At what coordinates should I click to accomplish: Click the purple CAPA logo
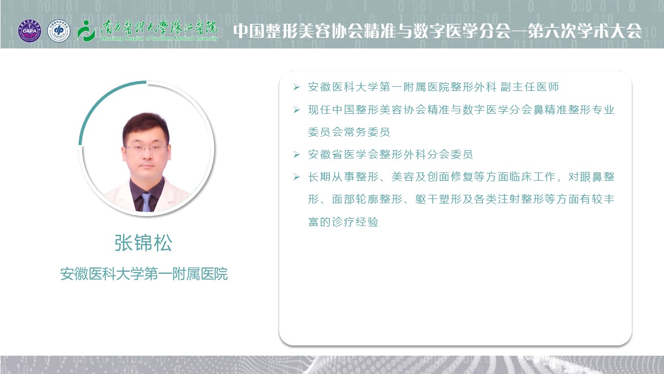(30, 31)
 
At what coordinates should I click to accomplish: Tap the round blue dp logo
(59, 31)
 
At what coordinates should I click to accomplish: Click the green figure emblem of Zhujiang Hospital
(86, 31)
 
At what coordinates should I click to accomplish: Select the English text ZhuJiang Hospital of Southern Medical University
(159, 38)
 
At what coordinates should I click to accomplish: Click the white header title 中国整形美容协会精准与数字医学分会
(372, 31)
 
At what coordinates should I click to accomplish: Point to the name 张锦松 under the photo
(143, 243)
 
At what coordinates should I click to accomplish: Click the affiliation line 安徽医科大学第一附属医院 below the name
(144, 274)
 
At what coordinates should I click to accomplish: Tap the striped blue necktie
(146, 202)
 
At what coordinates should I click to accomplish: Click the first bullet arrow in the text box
(296, 87)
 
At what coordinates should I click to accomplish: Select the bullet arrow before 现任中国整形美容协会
(296, 110)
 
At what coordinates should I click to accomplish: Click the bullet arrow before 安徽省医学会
(296, 154)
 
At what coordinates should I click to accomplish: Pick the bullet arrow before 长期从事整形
(296, 177)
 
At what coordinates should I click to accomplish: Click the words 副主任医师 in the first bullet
(530, 87)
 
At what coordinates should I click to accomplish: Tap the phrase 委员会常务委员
(349, 132)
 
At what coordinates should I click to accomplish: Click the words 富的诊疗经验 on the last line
(343, 222)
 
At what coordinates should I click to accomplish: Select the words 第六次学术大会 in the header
(585, 31)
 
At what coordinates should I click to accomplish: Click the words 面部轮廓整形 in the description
(367, 199)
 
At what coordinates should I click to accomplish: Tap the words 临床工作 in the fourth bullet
(532, 177)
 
